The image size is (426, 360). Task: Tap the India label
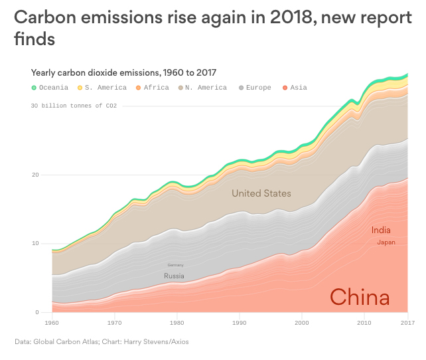(381, 230)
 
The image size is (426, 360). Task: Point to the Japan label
(386, 242)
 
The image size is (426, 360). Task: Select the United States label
(261, 193)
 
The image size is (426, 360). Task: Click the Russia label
(174, 276)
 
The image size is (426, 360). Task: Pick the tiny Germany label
(175, 265)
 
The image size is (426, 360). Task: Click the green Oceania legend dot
(34, 88)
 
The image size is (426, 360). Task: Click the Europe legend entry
(255, 88)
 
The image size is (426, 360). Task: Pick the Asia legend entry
(295, 88)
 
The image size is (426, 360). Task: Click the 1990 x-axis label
(239, 323)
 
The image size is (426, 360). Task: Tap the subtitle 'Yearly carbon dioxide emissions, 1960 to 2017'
(124, 72)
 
